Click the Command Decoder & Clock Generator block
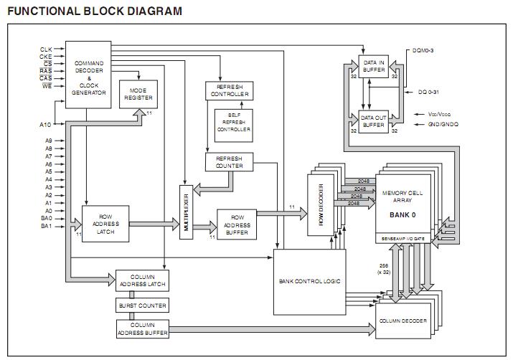89,78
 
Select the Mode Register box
138,94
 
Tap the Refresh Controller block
229,90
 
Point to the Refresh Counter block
229,161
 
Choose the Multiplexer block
186,212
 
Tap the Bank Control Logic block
309,281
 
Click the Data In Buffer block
374,66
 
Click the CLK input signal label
46,49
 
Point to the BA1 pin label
46,226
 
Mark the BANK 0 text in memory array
402,214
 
